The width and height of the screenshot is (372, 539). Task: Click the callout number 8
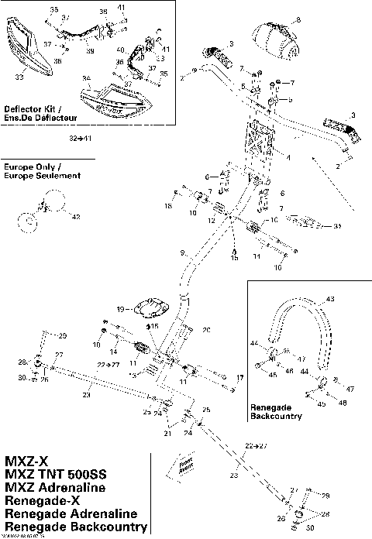pos(299,19)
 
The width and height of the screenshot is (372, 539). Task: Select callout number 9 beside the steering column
pos(181,253)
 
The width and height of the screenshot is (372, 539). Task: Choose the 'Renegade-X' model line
pos(42,500)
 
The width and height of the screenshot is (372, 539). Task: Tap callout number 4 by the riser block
pos(288,157)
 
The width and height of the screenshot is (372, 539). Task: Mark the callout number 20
pos(206,330)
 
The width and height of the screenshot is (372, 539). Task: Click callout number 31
pos(336,227)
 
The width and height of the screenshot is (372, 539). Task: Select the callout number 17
pos(239,378)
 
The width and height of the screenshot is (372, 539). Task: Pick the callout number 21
pos(166,434)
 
